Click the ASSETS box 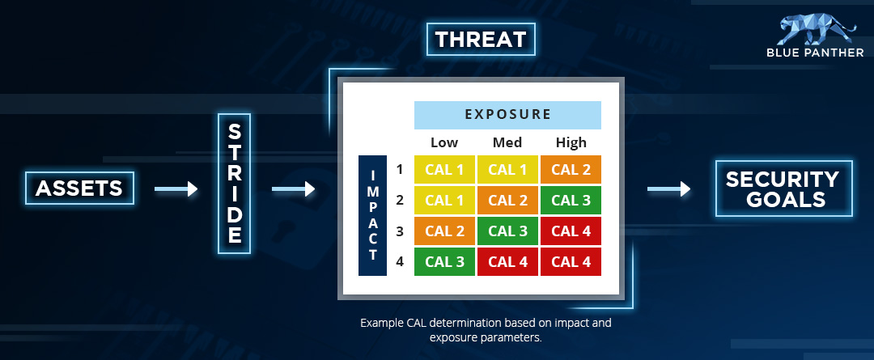coord(79,188)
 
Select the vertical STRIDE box coord(234,184)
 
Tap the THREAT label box coord(481,40)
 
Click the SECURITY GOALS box coord(783,188)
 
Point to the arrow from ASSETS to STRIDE coord(176,189)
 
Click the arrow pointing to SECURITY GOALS coord(668,189)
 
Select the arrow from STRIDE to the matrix coord(293,189)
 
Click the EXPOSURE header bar coord(507,115)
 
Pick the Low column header coord(444,142)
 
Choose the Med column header coord(507,142)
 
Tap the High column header coord(571,142)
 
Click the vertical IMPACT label coord(372,216)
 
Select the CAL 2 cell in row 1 coord(571,169)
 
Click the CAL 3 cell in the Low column coord(444,261)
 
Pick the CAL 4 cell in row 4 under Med coord(507,261)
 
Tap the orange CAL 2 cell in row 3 coord(444,231)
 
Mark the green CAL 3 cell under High coord(571,200)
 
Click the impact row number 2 coord(400,200)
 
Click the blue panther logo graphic coord(817,29)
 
